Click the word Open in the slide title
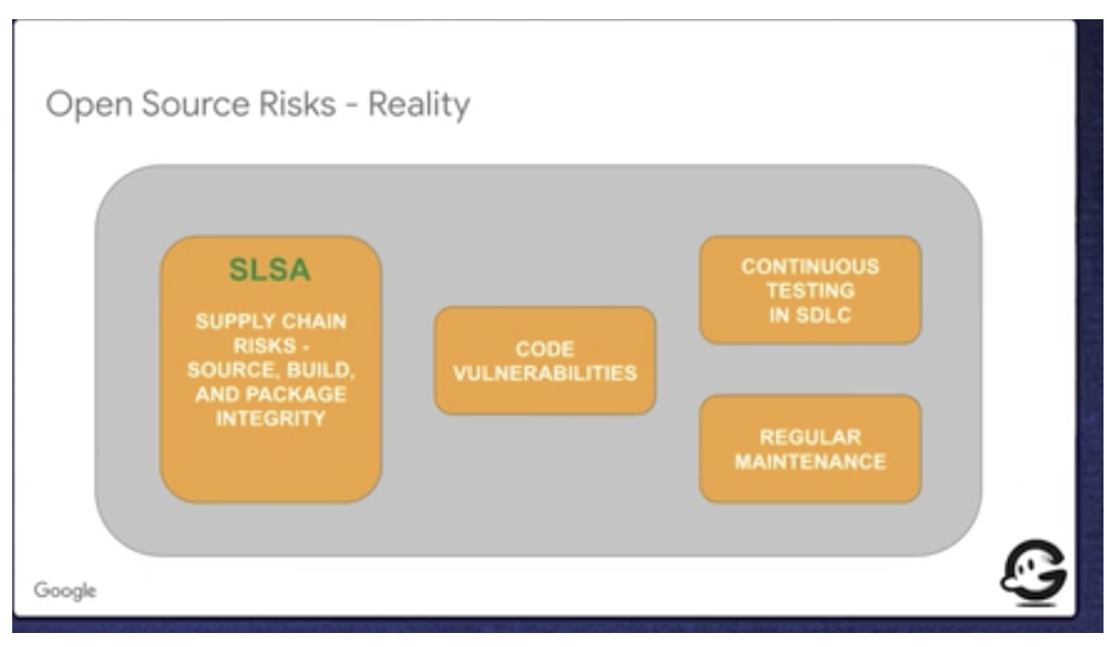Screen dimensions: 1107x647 (x=89, y=106)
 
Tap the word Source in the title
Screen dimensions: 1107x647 (x=196, y=104)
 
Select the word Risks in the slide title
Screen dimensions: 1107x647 (x=297, y=104)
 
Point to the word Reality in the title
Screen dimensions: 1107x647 (x=419, y=106)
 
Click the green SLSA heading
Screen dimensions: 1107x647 (x=270, y=270)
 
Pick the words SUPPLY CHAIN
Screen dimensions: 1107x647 (x=271, y=321)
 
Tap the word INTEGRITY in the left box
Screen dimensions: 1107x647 (x=271, y=419)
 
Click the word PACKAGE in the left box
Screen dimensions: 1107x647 (x=296, y=394)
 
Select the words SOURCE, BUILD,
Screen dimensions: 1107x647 (x=271, y=370)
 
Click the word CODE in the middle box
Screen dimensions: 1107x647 (x=545, y=349)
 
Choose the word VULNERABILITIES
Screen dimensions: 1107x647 (x=545, y=373)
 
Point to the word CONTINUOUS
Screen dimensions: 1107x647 (x=811, y=267)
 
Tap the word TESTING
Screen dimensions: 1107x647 (x=811, y=290)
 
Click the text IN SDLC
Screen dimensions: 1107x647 (x=811, y=315)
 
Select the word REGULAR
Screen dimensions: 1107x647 (x=811, y=437)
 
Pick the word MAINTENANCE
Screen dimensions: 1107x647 (x=811, y=462)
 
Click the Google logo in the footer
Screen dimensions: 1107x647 (x=65, y=591)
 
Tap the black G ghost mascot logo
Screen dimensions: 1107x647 (x=1034, y=573)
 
